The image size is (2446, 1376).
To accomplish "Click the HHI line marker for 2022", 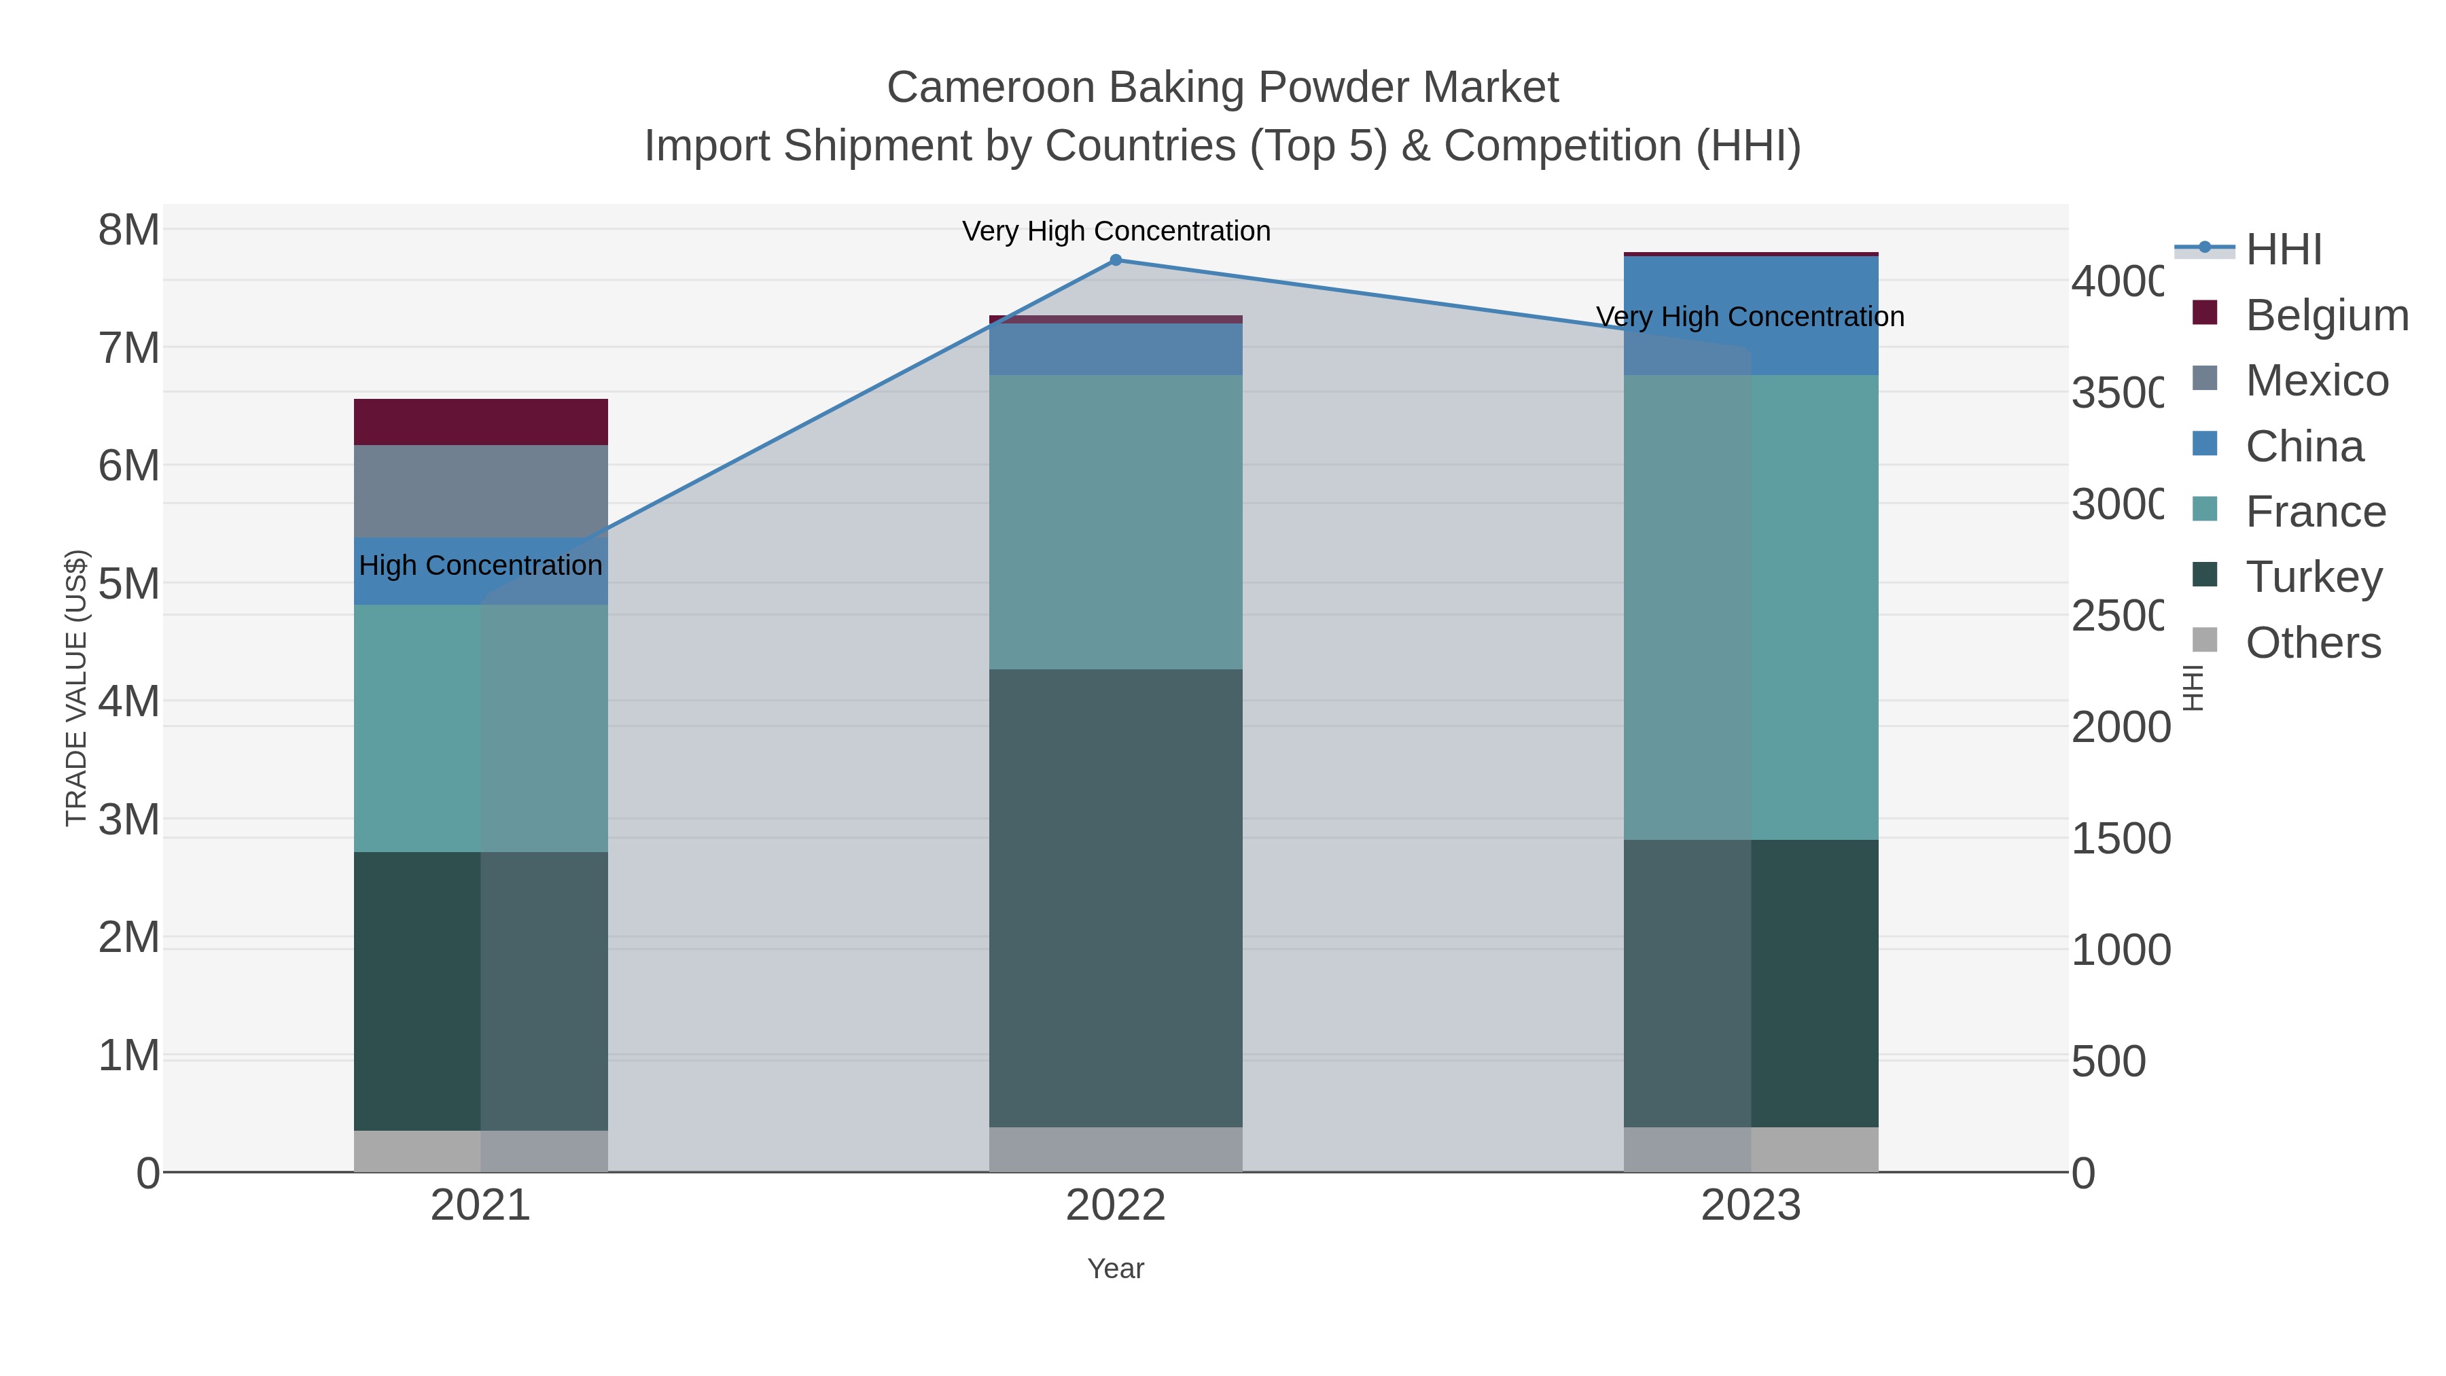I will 1116,260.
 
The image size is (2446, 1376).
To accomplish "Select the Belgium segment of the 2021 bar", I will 480,421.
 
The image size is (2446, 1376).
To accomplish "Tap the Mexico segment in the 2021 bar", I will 480,491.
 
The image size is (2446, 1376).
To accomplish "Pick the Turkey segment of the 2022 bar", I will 1116,898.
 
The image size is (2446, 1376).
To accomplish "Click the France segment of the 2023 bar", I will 1750,607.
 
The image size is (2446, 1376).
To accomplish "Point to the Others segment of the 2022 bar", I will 1116,1149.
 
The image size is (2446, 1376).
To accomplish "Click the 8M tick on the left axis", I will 129,230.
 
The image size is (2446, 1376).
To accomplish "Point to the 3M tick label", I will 129,819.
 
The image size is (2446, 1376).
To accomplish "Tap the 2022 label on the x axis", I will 1116,1205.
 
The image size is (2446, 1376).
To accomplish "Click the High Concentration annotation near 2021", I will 480,565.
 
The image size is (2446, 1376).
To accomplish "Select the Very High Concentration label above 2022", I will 1116,231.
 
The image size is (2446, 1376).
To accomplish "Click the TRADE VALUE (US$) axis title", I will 76,688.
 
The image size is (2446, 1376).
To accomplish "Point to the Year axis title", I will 1116,1269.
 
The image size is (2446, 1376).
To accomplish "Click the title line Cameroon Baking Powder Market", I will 1222,88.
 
